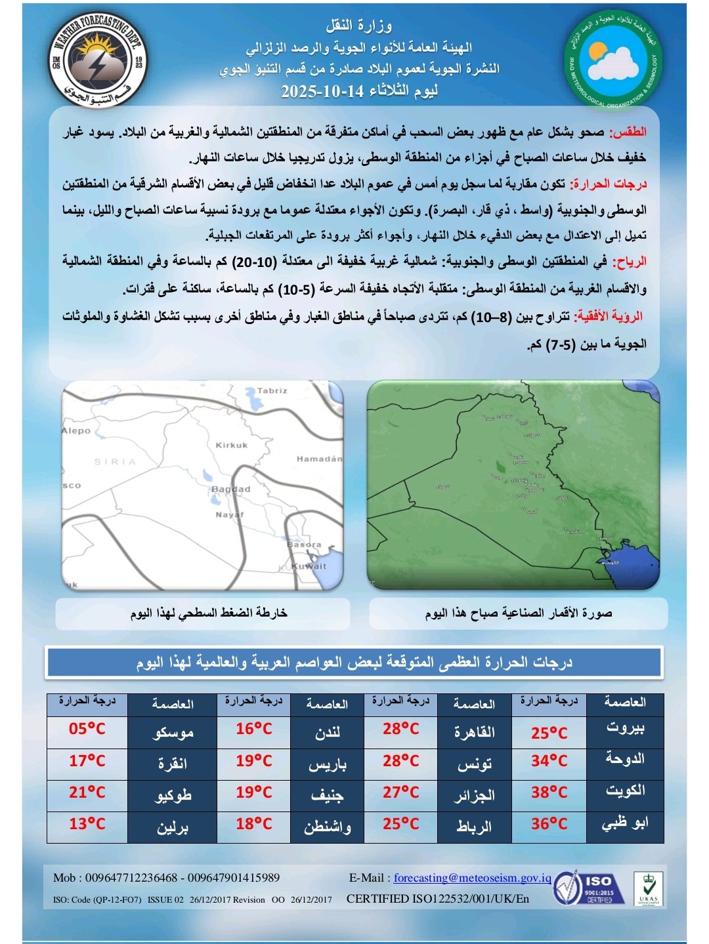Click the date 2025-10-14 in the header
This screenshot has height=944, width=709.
point(322,91)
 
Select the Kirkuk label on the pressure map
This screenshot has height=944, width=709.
point(232,445)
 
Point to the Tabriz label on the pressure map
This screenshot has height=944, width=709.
point(272,391)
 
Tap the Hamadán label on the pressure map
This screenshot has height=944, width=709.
point(319,459)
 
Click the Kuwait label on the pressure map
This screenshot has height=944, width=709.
point(309,566)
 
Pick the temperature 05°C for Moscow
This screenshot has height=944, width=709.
point(87,729)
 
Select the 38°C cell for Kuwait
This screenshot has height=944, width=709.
point(549,793)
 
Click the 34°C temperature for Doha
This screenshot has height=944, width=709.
point(549,761)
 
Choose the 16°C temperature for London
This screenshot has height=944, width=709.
point(254,729)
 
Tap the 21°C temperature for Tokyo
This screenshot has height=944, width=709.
point(87,793)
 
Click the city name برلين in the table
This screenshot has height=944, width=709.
point(173,827)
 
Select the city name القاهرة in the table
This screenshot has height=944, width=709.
point(474,731)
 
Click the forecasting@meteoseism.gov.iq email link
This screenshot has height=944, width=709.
point(472,878)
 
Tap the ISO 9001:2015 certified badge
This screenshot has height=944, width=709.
point(584,888)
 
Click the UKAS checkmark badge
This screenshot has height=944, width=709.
point(648,888)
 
